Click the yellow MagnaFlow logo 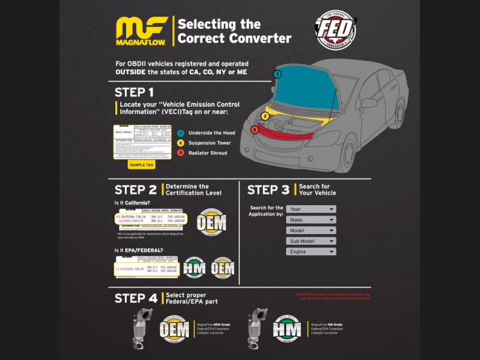(x=141, y=31)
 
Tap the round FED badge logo (x=335, y=30)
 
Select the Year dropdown (x=311, y=209)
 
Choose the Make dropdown (x=311, y=220)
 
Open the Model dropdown (x=311, y=230)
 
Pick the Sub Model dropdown (x=311, y=241)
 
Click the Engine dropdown (x=311, y=252)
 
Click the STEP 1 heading (x=134, y=92)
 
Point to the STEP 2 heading (x=136, y=190)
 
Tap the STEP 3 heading (x=268, y=190)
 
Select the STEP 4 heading (x=136, y=299)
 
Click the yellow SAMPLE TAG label (x=141, y=165)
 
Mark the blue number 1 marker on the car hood (x=277, y=74)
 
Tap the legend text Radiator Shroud (x=209, y=153)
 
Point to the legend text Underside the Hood (x=212, y=132)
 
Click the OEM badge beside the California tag (x=211, y=223)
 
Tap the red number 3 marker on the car (x=254, y=129)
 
